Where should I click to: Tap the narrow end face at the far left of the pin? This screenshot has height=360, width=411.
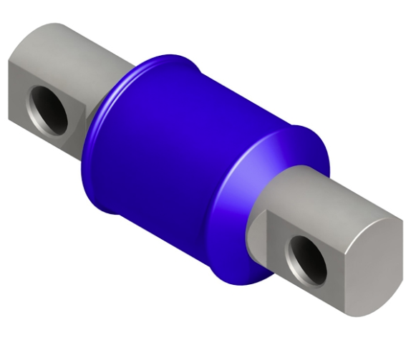(16, 89)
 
